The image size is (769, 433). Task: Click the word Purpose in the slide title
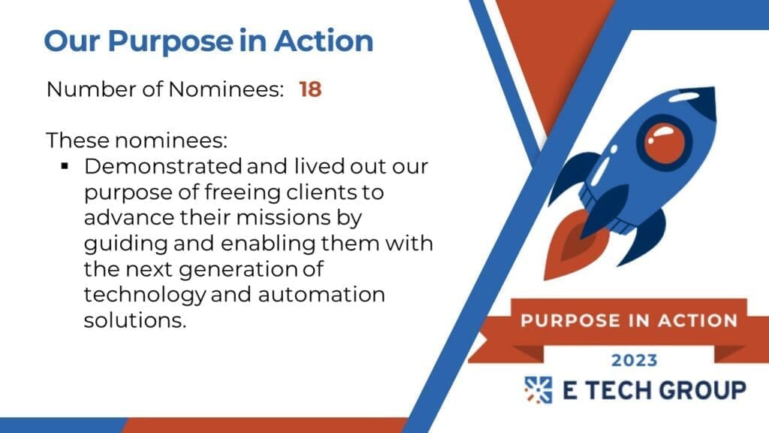tap(170, 42)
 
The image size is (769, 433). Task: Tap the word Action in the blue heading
tap(324, 41)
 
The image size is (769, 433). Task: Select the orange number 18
tap(310, 89)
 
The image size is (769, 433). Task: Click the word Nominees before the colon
tap(226, 89)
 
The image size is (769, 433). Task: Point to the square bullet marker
tap(65, 166)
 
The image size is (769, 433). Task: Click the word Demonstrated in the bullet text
tap(163, 166)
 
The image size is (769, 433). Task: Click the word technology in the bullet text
tap(145, 295)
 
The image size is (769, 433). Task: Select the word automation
tap(321, 295)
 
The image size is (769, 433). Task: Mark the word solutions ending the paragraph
tap(135, 320)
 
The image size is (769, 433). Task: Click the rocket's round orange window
tap(664, 142)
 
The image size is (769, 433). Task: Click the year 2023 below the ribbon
tap(634, 360)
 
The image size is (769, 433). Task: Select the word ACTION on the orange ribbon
tap(698, 320)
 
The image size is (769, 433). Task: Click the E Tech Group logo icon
tap(538, 390)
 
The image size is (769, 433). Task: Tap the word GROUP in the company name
tap(702, 390)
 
